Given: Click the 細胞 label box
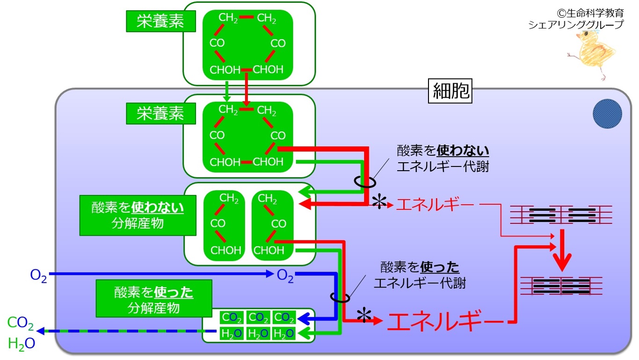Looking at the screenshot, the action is click(x=450, y=91).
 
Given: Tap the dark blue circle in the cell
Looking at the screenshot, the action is click(x=607, y=114).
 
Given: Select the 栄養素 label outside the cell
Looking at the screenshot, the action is click(x=161, y=21).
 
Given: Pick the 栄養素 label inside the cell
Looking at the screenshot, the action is click(x=161, y=114).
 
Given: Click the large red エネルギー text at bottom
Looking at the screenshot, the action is click(x=445, y=321).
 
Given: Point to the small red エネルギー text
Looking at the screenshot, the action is click(x=435, y=205).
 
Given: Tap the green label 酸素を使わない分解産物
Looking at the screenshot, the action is click(x=138, y=215).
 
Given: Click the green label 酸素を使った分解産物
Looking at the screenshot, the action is click(x=154, y=298).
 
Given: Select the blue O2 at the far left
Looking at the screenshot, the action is click(x=38, y=276).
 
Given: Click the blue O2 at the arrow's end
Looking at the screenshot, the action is click(x=285, y=276).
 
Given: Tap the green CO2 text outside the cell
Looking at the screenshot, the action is click(x=21, y=323).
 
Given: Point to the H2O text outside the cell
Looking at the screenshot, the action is click(x=22, y=344).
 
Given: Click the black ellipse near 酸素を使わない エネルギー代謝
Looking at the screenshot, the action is click(x=365, y=181).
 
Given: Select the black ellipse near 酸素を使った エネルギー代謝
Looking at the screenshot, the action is click(x=340, y=297).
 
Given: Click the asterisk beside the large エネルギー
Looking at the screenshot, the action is click(x=364, y=316).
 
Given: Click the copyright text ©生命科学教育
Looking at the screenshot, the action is click(x=590, y=13).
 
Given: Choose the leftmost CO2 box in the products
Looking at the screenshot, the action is click(x=232, y=317).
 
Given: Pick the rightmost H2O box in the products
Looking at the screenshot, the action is click(x=283, y=333).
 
